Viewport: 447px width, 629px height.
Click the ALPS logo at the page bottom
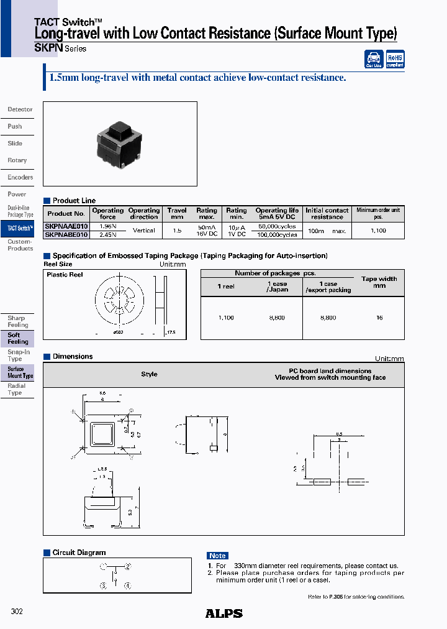point(223,613)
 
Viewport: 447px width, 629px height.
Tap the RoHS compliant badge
point(395,59)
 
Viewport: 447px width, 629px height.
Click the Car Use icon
point(374,59)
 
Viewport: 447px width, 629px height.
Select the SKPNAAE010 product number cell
point(66,227)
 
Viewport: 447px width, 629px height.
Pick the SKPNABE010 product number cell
point(66,235)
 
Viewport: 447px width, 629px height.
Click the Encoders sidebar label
point(20,177)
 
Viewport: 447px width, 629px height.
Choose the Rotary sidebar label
point(17,160)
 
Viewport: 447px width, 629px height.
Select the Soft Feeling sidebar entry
point(17,338)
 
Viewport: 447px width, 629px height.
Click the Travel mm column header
point(177,214)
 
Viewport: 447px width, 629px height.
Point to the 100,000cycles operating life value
point(276,235)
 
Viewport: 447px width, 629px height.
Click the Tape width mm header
point(379,282)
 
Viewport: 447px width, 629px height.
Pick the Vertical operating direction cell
point(143,231)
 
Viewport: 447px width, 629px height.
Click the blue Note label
point(217,556)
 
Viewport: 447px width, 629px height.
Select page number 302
point(17,612)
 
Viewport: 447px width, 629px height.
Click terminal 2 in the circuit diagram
point(127,566)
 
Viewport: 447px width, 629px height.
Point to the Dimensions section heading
point(73,357)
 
